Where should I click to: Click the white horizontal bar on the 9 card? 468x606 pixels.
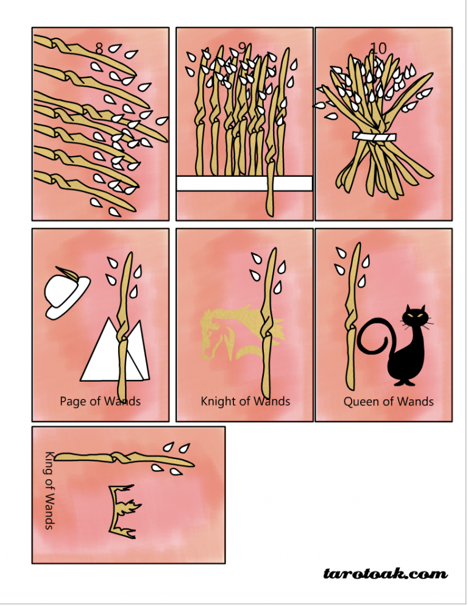tap(244, 183)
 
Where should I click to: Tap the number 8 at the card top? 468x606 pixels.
tap(99, 48)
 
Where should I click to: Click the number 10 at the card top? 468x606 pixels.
tap(378, 48)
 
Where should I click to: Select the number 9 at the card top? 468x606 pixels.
tap(243, 47)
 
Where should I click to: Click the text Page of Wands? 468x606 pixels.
tap(100, 401)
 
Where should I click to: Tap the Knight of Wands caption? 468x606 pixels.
tap(245, 401)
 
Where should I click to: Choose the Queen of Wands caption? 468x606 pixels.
tap(388, 401)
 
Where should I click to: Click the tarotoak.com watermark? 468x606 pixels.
tap(385, 574)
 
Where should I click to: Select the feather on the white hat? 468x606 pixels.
tap(66, 274)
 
